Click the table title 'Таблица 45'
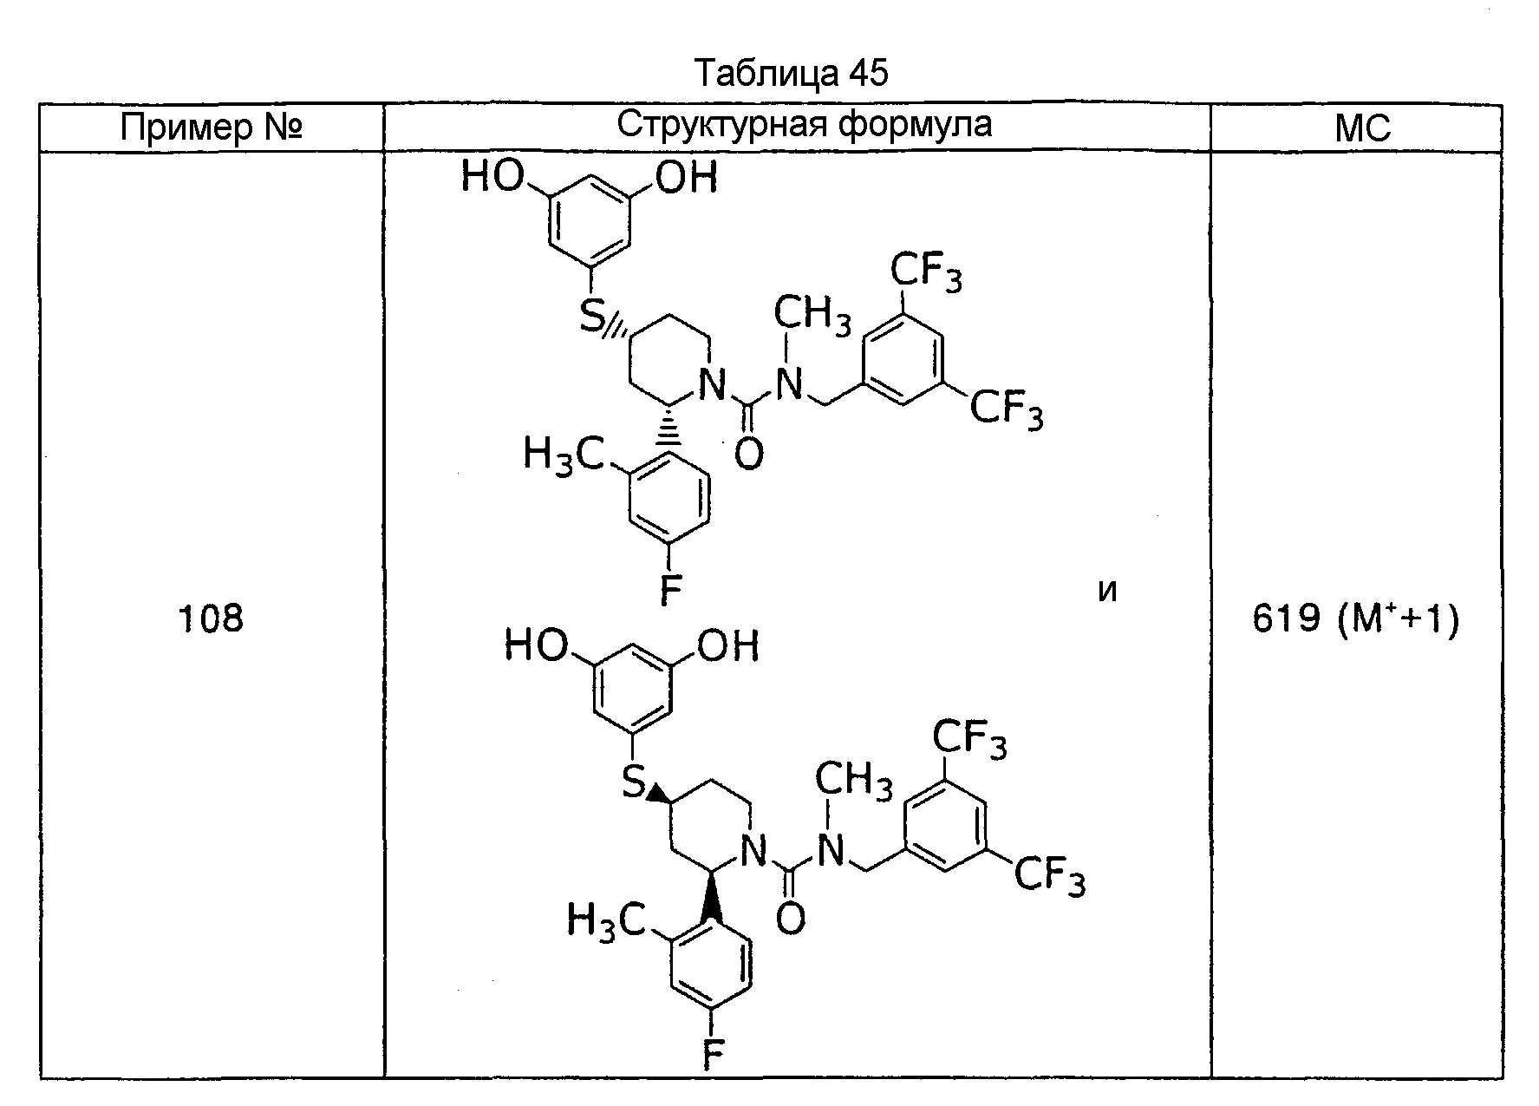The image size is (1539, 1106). pos(792,74)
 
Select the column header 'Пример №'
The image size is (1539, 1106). pos(211,129)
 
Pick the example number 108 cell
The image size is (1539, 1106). pos(211,618)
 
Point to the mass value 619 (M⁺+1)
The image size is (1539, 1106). pos(1356,619)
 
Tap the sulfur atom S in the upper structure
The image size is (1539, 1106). pos(591,317)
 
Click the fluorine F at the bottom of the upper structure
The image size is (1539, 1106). pos(670,591)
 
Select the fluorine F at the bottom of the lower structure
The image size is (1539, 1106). pos(713,1057)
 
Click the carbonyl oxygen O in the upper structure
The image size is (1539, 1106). pos(748,454)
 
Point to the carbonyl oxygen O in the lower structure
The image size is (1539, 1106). pos(790,920)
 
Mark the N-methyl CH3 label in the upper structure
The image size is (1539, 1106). pos(812,314)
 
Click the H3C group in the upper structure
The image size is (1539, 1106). pos(563,454)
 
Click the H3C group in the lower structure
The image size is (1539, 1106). pos(605,920)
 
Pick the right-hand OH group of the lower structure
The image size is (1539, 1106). pos(728,645)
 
